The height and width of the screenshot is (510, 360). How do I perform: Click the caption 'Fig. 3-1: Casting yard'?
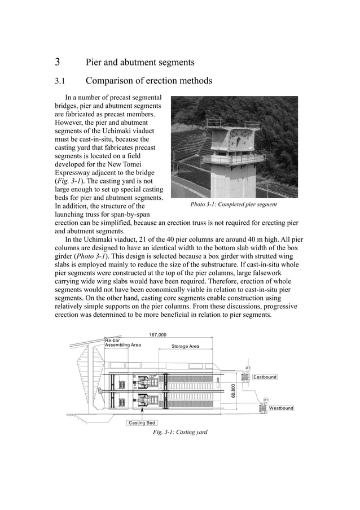180,432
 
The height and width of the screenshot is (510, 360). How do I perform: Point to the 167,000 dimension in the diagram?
157,335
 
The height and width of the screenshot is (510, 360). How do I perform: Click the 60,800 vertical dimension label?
233,390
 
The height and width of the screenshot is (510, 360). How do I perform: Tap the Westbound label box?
280,408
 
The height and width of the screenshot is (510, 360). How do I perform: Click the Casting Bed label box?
142,422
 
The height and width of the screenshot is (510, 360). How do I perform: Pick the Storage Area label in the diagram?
185,346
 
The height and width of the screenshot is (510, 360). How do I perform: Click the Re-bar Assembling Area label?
122,342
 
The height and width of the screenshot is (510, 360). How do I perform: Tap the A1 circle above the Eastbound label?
248,368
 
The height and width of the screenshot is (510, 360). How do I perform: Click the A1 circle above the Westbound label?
266,399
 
